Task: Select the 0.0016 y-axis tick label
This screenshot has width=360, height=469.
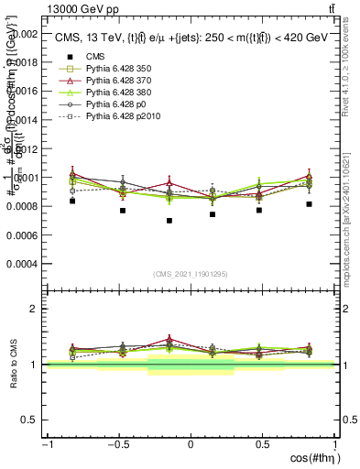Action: (25, 92)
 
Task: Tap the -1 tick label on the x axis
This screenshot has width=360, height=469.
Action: (46, 444)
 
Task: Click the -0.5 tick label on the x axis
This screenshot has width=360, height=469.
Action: (117, 444)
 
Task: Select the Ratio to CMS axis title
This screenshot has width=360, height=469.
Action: (12, 364)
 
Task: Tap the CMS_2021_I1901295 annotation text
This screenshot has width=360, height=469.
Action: (191, 275)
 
